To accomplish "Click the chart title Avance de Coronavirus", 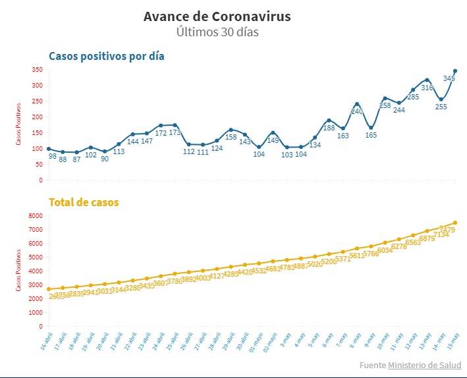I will click(x=217, y=16).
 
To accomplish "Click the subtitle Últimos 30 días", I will click(x=217, y=32).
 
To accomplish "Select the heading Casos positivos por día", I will click(x=107, y=56).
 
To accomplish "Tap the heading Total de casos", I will click(x=83, y=202).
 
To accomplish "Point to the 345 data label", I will click(x=449, y=78).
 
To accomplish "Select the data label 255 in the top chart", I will click(x=441, y=107).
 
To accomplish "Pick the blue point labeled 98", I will click(x=49, y=149).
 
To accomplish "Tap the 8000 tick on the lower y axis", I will click(x=36, y=216).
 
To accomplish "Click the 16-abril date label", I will click(x=44, y=342).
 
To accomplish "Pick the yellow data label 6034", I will click(x=384, y=250).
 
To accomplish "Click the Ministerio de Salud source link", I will click(x=424, y=365).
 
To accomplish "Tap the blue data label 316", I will click(x=427, y=88).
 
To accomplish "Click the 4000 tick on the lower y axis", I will click(x=36, y=271).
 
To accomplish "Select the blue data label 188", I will click(x=329, y=128).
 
